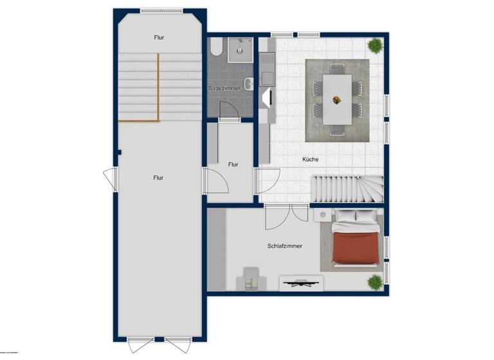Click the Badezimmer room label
(224, 88)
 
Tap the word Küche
(310, 159)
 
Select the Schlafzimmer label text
(285, 246)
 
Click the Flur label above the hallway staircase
(159, 38)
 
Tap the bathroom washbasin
(249, 82)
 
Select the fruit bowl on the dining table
(336, 99)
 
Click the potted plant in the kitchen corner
(375, 45)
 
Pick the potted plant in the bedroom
(375, 282)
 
